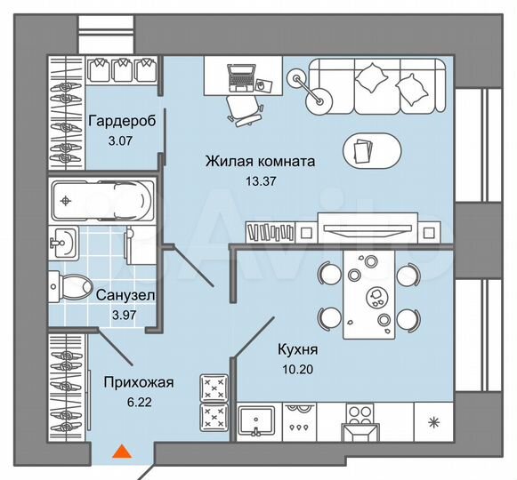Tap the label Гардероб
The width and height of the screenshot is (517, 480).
(123, 122)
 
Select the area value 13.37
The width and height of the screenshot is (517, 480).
(259, 181)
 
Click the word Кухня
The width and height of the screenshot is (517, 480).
(298, 349)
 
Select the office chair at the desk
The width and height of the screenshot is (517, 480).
(243, 107)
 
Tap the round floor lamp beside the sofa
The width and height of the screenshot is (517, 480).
(318, 100)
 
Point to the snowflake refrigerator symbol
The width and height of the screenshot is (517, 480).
(435, 420)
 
